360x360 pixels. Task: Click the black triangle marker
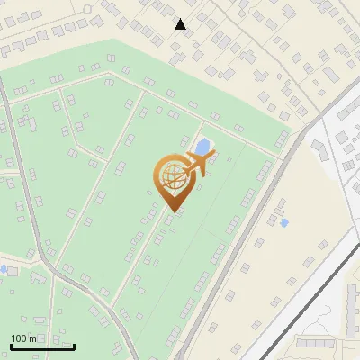[x=181, y=24]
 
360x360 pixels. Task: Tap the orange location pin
[x=172, y=180]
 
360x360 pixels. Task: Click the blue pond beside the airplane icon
[x=204, y=145]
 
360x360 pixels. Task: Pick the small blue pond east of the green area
[x=284, y=222]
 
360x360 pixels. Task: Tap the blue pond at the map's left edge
[x=3, y=268]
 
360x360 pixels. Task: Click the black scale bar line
[x=42, y=346]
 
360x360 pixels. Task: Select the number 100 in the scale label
[x=20, y=338]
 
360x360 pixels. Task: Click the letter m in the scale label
[x=33, y=338]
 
